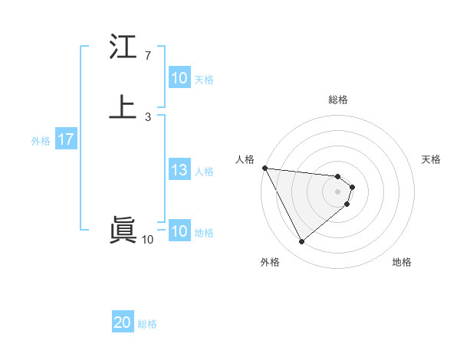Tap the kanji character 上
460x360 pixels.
pos(123,107)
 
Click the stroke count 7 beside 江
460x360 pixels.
pos(147,56)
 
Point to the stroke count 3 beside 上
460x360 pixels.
pos(147,117)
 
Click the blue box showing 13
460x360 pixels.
pos(179,171)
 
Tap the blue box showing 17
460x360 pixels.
pos(65,139)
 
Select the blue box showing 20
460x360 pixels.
pos(123,322)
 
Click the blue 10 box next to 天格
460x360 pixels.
pos(179,78)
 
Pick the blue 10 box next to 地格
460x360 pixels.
pos(179,231)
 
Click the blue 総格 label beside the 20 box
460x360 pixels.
pos(147,324)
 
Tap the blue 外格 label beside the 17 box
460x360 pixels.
pos(41,141)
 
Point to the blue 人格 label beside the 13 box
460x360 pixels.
pos(205,172)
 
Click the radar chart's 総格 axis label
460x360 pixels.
pos(337,100)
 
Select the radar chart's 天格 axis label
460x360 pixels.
pos(432,159)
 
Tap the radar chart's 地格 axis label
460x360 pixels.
pos(402,262)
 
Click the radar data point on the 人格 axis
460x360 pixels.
pos(264,168)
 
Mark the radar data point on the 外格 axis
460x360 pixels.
pos(301,242)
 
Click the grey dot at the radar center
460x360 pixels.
pos(337,191)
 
